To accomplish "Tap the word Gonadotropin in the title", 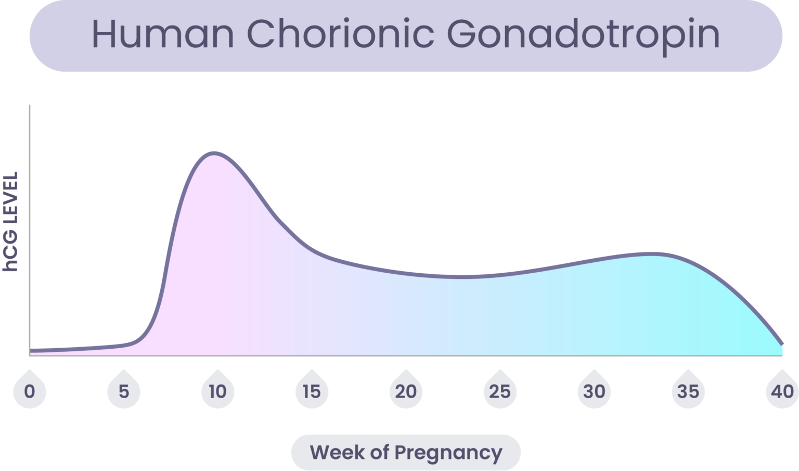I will click(x=583, y=35).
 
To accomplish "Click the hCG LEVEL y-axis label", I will click(x=10, y=221).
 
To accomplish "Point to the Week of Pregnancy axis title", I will click(x=406, y=452).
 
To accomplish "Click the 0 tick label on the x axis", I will click(x=30, y=391).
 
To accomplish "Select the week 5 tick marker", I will click(x=124, y=391).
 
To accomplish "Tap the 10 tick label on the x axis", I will click(x=218, y=391).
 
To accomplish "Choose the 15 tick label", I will click(x=312, y=391).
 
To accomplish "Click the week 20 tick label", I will click(x=406, y=391).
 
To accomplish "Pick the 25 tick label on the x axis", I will click(x=500, y=391).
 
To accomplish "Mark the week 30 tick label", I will click(x=594, y=391).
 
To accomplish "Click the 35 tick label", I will click(x=688, y=391).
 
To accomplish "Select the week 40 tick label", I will click(x=782, y=391).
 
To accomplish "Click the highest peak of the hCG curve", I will click(x=214, y=153).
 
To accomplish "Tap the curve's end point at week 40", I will click(x=781, y=344).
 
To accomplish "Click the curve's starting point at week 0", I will click(x=31, y=350).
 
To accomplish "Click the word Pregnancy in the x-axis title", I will click(x=448, y=452).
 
